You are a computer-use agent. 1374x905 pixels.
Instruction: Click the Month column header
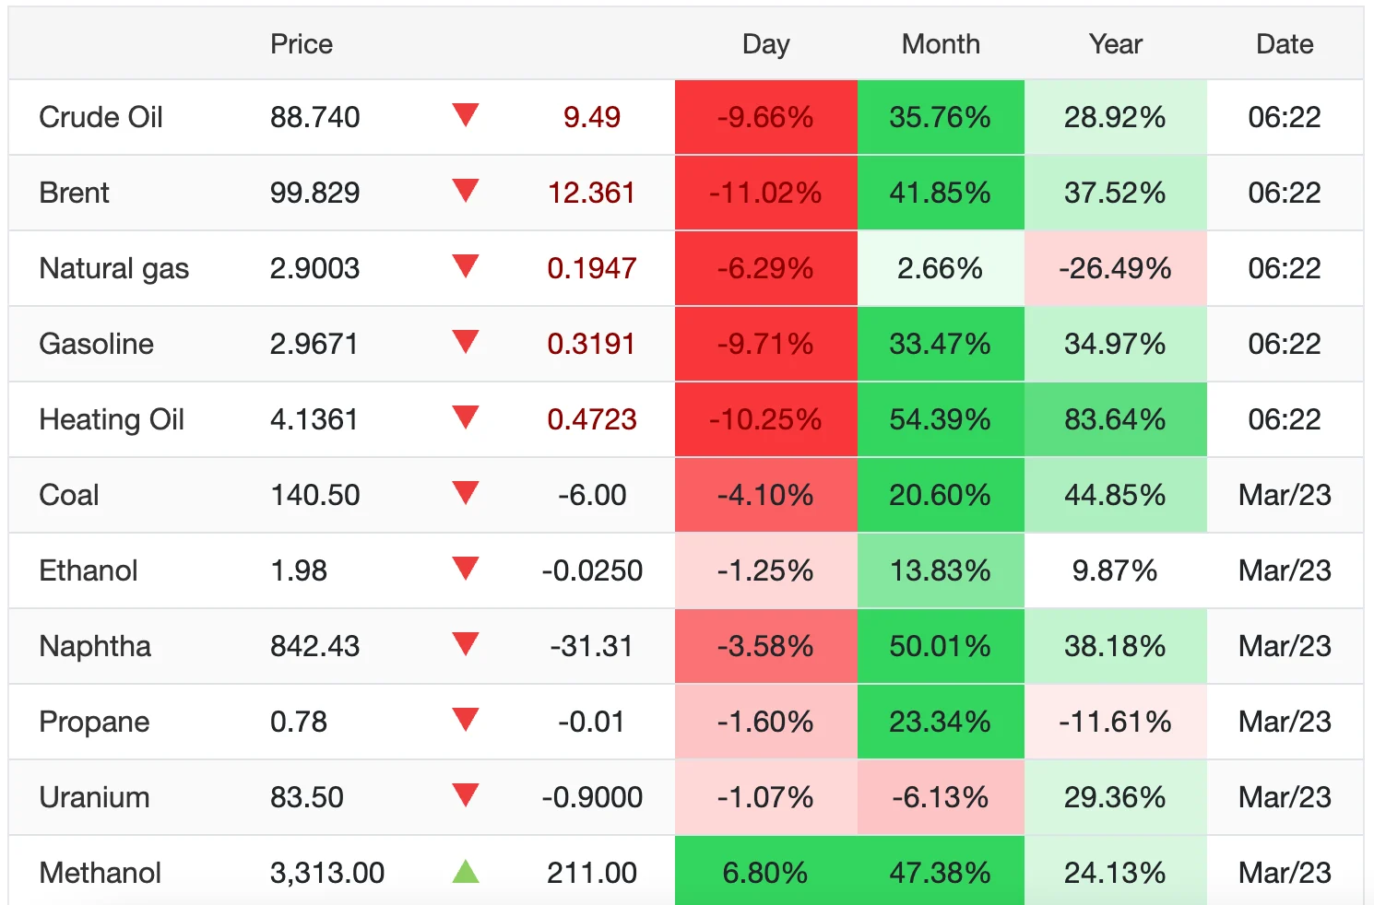(941, 44)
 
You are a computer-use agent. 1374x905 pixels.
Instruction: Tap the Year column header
(1115, 44)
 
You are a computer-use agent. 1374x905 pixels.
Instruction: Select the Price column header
(302, 44)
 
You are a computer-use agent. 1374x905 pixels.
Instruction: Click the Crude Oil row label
(101, 117)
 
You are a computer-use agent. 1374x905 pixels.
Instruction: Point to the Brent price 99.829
(314, 193)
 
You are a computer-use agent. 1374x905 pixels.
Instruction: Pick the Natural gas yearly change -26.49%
(1115, 268)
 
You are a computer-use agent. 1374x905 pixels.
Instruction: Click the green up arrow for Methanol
(466, 872)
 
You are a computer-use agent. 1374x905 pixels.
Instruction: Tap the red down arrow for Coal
(466, 493)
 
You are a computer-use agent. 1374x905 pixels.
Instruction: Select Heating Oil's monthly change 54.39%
(940, 419)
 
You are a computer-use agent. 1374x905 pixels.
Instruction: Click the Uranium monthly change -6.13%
(940, 797)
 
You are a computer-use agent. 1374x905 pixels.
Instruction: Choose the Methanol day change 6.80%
(765, 873)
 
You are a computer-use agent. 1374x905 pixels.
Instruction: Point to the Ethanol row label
(89, 570)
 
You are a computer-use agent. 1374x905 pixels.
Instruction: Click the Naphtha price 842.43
(314, 646)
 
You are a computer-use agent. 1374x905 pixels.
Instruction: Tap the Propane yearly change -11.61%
(1115, 722)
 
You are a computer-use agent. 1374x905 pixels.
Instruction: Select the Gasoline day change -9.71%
(765, 344)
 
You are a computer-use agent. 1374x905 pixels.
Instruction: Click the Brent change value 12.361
(591, 193)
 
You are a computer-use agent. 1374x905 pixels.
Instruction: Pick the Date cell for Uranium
(1285, 797)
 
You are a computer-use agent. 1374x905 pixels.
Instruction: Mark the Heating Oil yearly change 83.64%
(1115, 419)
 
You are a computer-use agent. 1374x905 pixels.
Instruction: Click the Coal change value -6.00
(591, 495)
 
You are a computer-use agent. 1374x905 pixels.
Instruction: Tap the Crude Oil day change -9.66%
(765, 117)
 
